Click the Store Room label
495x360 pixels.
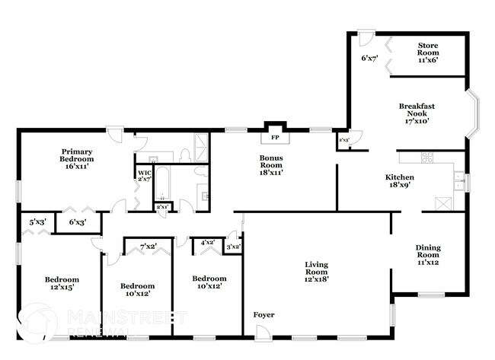[427, 52]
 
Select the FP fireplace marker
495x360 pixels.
[275, 139]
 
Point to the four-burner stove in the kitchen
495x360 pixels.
[427, 158]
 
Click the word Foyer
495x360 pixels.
[263, 315]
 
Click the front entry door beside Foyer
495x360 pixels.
[262, 331]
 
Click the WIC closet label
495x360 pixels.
[144, 176]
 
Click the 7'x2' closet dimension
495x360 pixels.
[148, 246]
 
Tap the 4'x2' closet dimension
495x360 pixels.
[206, 244]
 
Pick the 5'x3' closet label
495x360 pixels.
[37, 222]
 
